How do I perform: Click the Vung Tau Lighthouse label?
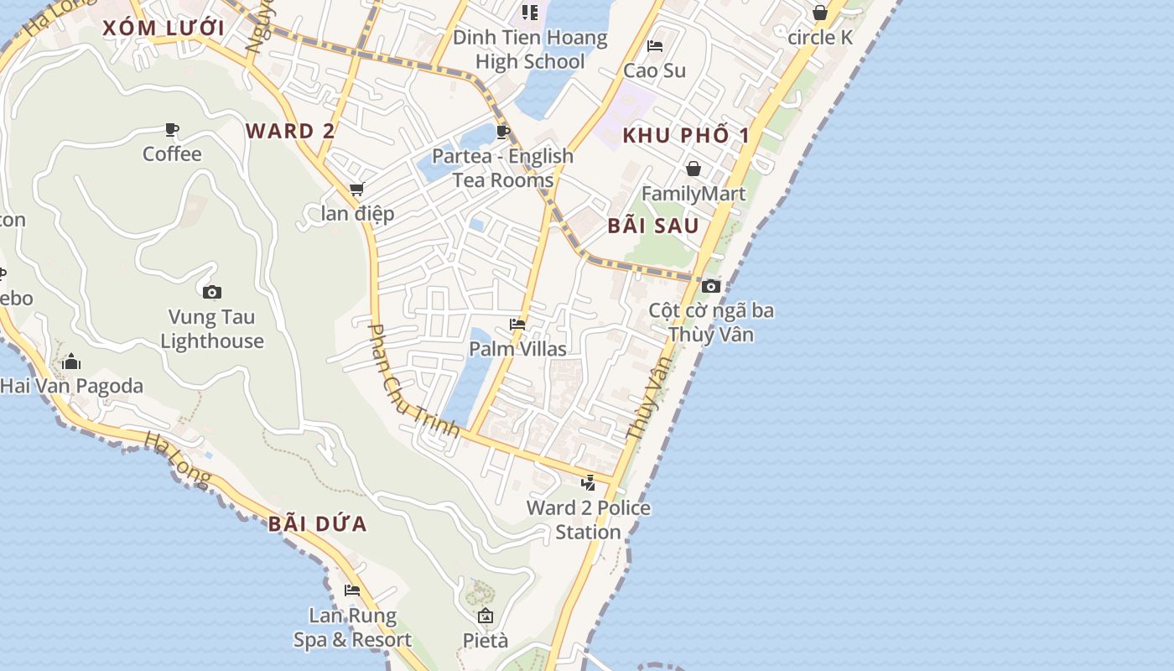(x=212, y=329)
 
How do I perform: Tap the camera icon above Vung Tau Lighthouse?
(x=212, y=292)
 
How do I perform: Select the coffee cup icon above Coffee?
(x=172, y=129)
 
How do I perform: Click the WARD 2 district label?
(x=290, y=131)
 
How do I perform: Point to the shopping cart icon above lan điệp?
(x=357, y=189)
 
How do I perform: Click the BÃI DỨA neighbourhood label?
(x=318, y=524)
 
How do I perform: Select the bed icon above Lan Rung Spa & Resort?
(x=352, y=590)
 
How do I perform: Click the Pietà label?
(x=486, y=641)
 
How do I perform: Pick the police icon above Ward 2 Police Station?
(x=589, y=482)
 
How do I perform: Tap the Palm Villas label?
(x=517, y=349)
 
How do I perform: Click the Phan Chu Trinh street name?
(x=413, y=382)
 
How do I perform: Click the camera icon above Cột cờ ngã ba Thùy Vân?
(x=711, y=286)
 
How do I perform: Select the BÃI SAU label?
(x=653, y=226)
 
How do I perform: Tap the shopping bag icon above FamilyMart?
(x=693, y=169)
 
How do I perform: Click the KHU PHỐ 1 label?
(x=686, y=136)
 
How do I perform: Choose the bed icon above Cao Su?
(x=655, y=45)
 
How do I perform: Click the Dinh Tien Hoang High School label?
(x=530, y=49)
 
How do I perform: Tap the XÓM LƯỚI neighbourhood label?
(x=164, y=29)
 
